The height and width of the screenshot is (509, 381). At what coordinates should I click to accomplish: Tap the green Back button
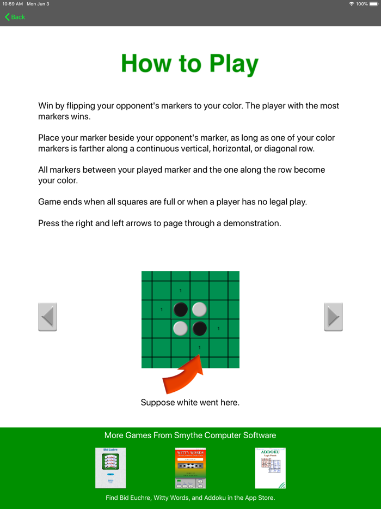[15, 17]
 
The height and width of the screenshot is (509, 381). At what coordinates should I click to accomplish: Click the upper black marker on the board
[181, 310]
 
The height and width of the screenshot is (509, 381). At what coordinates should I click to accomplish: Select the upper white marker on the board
[200, 310]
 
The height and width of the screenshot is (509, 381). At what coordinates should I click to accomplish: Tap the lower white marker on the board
[181, 329]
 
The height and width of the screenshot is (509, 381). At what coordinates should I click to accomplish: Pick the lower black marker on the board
[200, 329]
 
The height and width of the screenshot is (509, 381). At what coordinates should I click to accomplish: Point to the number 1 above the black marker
[181, 290]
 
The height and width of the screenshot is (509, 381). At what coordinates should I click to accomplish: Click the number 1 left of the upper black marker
[162, 310]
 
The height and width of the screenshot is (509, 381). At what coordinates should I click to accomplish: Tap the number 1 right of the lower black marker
[219, 329]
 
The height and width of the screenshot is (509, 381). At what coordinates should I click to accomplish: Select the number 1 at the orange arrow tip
[200, 348]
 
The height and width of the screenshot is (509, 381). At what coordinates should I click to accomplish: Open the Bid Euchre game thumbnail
[110, 468]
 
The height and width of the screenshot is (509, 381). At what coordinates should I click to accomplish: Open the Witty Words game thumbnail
[190, 468]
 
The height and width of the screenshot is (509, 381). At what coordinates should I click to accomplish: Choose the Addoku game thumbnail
[271, 468]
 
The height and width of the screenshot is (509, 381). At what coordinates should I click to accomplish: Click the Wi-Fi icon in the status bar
[351, 4]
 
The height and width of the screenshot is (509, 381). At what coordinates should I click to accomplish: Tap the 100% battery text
[362, 4]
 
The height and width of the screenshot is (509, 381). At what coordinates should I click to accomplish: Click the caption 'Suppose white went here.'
[190, 403]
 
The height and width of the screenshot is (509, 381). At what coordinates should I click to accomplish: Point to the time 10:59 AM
[12, 4]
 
